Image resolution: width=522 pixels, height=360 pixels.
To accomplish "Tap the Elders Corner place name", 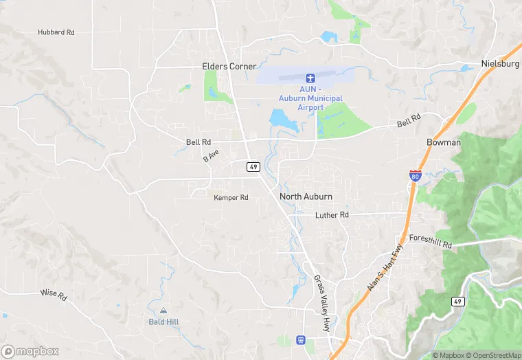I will pyautogui.click(x=229, y=67).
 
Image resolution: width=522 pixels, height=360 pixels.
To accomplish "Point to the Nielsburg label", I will pyautogui.click(x=500, y=63).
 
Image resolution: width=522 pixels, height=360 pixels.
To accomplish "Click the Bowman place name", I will pyautogui.click(x=444, y=142).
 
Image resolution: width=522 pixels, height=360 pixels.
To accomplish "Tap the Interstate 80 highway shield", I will pyautogui.click(x=415, y=175).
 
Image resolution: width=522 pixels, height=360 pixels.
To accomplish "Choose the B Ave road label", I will pyautogui.click(x=210, y=157).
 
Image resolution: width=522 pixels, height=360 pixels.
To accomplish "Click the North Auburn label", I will pyautogui.click(x=306, y=196).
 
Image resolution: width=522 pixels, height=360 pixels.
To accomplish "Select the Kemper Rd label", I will pyautogui.click(x=231, y=198).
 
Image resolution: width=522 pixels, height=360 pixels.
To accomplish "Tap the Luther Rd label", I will pyautogui.click(x=332, y=215).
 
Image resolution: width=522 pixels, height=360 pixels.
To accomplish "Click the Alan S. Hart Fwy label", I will pyautogui.click(x=383, y=269).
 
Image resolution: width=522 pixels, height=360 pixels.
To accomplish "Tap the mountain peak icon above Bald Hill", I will pyautogui.click(x=163, y=311).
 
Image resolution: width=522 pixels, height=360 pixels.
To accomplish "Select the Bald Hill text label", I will pyautogui.click(x=163, y=322).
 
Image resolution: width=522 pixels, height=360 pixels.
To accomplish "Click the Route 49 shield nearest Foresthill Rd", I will pyautogui.click(x=457, y=301).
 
